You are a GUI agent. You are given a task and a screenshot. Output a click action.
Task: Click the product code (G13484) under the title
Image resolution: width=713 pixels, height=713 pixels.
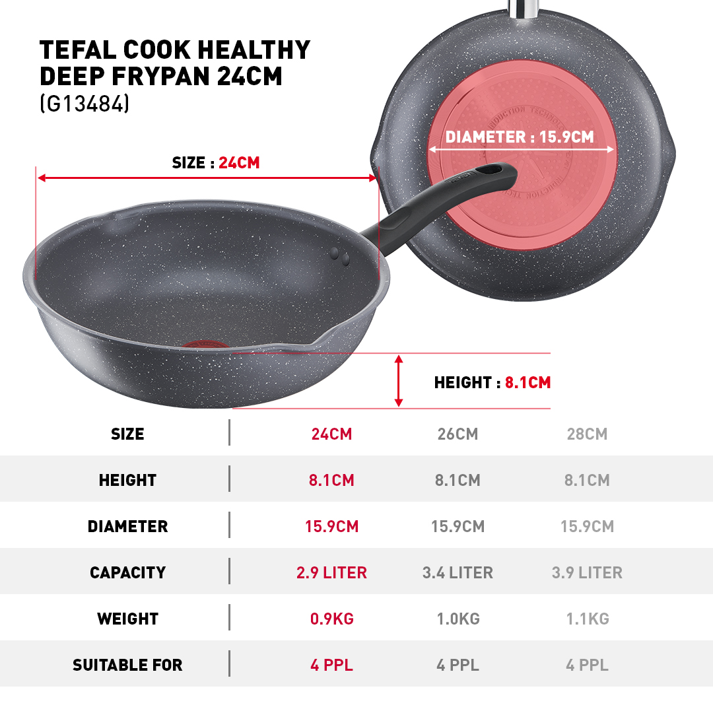tap(85, 105)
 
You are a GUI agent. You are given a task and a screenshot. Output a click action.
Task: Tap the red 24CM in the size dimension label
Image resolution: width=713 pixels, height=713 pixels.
tap(239, 163)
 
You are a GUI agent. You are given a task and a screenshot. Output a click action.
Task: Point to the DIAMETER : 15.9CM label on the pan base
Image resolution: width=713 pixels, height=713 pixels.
tap(520, 137)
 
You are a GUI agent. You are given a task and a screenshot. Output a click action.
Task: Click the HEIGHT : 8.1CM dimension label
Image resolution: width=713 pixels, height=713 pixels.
tap(492, 382)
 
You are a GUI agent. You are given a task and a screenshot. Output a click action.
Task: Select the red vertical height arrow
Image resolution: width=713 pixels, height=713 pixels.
tap(398, 381)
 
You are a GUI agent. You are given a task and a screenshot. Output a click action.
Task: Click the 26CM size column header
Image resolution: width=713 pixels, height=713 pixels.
tap(458, 434)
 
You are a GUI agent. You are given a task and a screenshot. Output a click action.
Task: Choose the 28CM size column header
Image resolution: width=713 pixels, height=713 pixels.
tap(587, 434)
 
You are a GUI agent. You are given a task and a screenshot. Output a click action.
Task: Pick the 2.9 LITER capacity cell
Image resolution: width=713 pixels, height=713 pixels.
tap(331, 573)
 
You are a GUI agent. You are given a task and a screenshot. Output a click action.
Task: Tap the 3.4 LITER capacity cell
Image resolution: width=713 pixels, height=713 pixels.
tap(458, 573)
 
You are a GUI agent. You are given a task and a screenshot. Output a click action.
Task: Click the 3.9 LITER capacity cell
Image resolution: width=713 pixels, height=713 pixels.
tap(587, 573)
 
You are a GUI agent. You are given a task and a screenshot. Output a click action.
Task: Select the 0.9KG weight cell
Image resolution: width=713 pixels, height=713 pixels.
tap(331, 619)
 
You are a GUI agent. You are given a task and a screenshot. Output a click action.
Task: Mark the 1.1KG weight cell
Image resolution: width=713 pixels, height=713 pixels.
tap(587, 619)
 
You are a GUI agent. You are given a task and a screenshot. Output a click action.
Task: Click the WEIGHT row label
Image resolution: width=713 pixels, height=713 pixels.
tap(127, 619)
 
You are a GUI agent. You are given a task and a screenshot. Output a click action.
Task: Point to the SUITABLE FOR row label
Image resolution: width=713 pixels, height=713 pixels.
tap(127, 665)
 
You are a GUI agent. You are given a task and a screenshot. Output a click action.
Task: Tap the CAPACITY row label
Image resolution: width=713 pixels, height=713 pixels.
tap(127, 573)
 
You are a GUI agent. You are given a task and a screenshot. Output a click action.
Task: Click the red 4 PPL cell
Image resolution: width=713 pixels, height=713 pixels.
tap(331, 665)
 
